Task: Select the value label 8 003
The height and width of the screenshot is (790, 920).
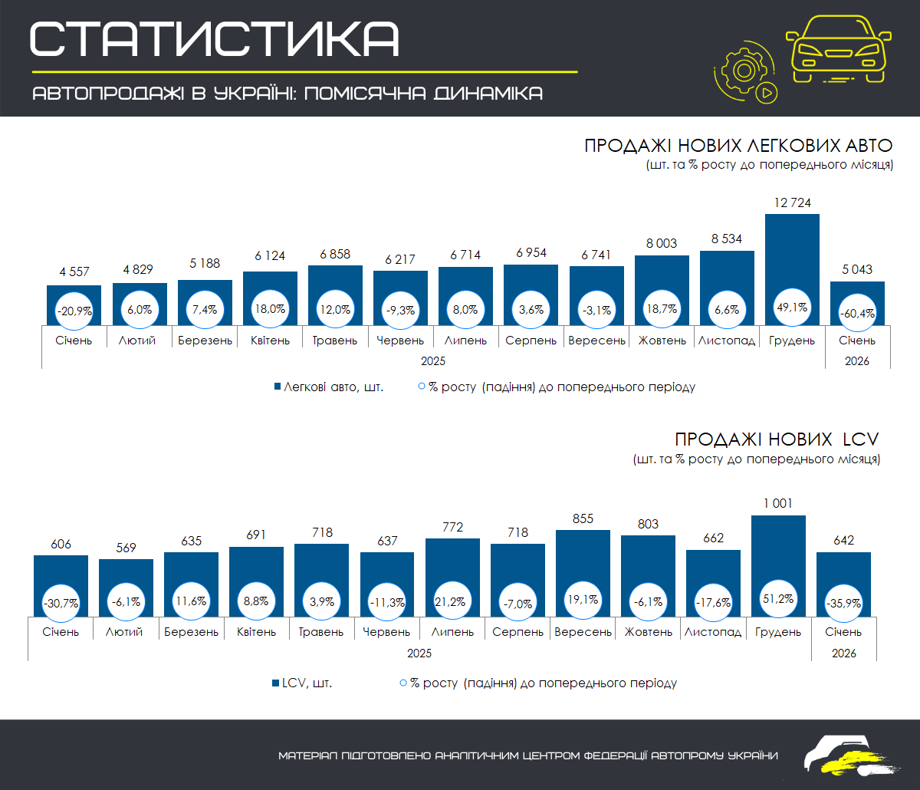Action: [662, 243]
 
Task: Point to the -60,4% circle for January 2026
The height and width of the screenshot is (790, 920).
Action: [857, 313]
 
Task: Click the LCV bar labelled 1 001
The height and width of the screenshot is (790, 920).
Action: [778, 552]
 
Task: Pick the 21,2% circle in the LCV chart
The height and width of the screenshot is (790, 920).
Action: [452, 601]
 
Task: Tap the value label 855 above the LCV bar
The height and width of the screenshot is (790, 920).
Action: [583, 518]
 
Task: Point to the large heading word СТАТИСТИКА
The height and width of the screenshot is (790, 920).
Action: [215, 38]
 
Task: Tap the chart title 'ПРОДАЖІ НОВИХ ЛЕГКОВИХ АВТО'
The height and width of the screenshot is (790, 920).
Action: [739, 146]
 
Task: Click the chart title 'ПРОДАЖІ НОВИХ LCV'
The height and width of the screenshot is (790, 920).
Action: [777, 439]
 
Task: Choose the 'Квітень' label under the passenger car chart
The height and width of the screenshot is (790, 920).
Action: [270, 341]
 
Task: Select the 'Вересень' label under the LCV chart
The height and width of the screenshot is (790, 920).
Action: [583, 632]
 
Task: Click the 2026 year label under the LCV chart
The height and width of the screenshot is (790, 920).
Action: [843, 653]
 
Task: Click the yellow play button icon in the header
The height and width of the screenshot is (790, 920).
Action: [765, 94]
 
